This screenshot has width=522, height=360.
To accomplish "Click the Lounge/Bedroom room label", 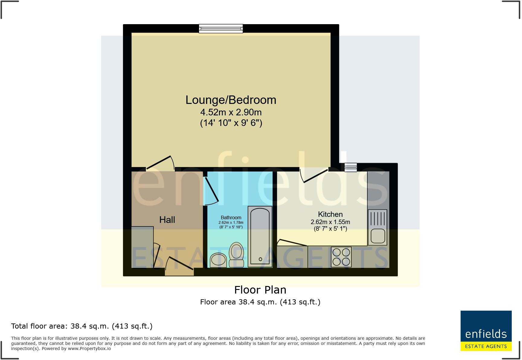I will coord(231,100).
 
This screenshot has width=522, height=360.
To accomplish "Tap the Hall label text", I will coord(167,220).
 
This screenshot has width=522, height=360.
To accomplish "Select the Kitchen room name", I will coord(330,214).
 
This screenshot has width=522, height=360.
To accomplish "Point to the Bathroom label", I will coord(231,217).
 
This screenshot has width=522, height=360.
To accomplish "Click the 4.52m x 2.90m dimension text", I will coord(231,112).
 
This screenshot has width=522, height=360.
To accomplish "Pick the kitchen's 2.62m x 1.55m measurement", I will coord(330,222).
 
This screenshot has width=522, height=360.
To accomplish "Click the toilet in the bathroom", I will coord(236,255).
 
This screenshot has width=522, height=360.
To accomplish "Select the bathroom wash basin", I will coord(218,260).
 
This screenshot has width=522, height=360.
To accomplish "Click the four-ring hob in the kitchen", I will coord(341,257).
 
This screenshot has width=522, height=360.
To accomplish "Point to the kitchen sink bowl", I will coord(377,236).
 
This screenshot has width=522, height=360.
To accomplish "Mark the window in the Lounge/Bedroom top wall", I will coord(221,28).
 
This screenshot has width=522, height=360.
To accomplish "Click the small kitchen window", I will coord(351,167).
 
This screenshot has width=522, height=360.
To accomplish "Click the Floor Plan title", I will coord(260,290).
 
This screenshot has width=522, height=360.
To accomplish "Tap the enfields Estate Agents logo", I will coord(486,331).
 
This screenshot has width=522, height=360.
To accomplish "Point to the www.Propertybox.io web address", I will coord(89,349).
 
